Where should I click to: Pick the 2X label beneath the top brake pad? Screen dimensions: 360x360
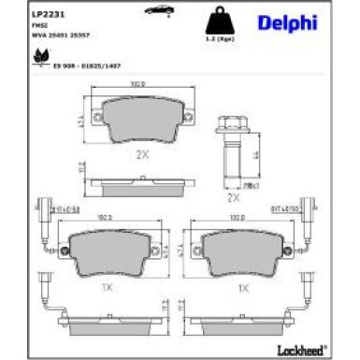142,155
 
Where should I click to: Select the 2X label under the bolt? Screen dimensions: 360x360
233,198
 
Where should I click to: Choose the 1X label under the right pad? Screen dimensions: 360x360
244,289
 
